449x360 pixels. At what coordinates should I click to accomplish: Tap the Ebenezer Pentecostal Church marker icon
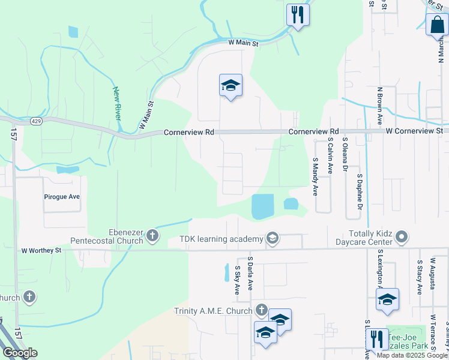pos(152,235)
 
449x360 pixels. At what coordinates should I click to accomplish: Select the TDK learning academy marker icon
pos(273,239)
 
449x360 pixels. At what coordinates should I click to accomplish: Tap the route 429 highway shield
pos(37,121)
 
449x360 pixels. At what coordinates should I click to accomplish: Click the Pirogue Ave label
pos(62,196)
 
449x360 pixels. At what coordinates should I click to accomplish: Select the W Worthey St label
pos(41,250)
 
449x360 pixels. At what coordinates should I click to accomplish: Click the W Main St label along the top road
pos(243,43)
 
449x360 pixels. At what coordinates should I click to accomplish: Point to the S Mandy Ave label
pos(315,176)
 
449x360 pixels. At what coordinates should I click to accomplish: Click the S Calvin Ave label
pos(330,156)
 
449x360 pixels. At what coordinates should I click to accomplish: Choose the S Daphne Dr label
pos(360,192)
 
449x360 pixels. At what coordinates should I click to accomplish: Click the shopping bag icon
pos(437,25)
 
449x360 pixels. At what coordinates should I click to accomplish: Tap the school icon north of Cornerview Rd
pos(231,86)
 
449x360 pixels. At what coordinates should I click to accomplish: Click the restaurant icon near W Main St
pos(298,14)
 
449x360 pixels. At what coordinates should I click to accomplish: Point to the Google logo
pos(20,353)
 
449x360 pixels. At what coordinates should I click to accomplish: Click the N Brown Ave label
pos(380,104)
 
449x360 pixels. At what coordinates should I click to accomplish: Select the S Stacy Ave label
pos(419,277)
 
